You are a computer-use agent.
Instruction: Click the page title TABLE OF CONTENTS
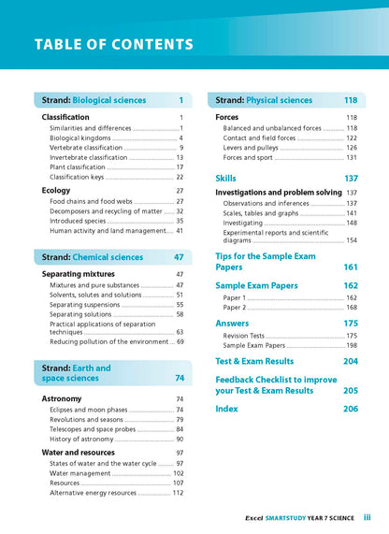(114, 45)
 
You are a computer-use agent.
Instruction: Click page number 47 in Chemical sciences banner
(179, 257)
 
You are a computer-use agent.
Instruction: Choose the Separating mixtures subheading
(85, 274)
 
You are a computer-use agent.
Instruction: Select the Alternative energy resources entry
(103, 493)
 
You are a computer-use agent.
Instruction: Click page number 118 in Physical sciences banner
(351, 100)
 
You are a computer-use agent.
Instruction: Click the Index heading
(227, 409)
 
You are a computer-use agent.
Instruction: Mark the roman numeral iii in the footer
(367, 516)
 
